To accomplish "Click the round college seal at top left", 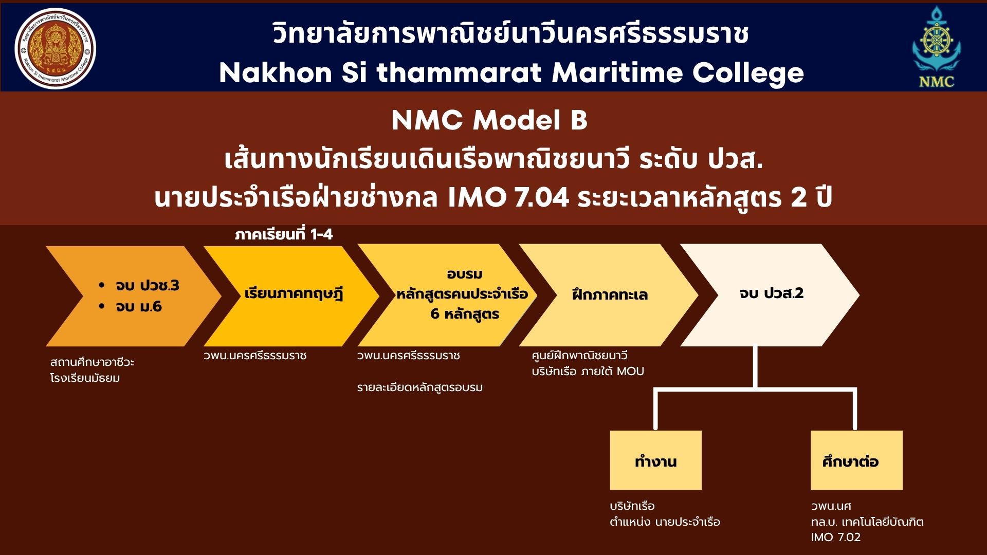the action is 56,48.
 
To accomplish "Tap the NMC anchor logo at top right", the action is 936,47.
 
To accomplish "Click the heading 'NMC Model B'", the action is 489,120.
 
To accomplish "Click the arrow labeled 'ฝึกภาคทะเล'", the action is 609,295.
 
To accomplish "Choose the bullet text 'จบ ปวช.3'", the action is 147,286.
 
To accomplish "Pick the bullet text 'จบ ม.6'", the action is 139,307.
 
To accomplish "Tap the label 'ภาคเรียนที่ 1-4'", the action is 284,234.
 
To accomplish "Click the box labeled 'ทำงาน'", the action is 655,460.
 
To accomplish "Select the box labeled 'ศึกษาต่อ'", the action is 856,460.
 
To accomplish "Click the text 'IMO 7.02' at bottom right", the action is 836,538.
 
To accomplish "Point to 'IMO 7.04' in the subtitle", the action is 508,197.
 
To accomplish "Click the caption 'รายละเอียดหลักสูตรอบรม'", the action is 420,387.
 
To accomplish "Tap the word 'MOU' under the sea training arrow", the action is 630,371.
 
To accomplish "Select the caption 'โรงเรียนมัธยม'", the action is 85,378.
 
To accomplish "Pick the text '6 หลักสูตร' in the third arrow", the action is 465,314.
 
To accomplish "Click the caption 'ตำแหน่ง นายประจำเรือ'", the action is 665,522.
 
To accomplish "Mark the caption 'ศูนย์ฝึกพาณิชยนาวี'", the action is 579,356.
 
